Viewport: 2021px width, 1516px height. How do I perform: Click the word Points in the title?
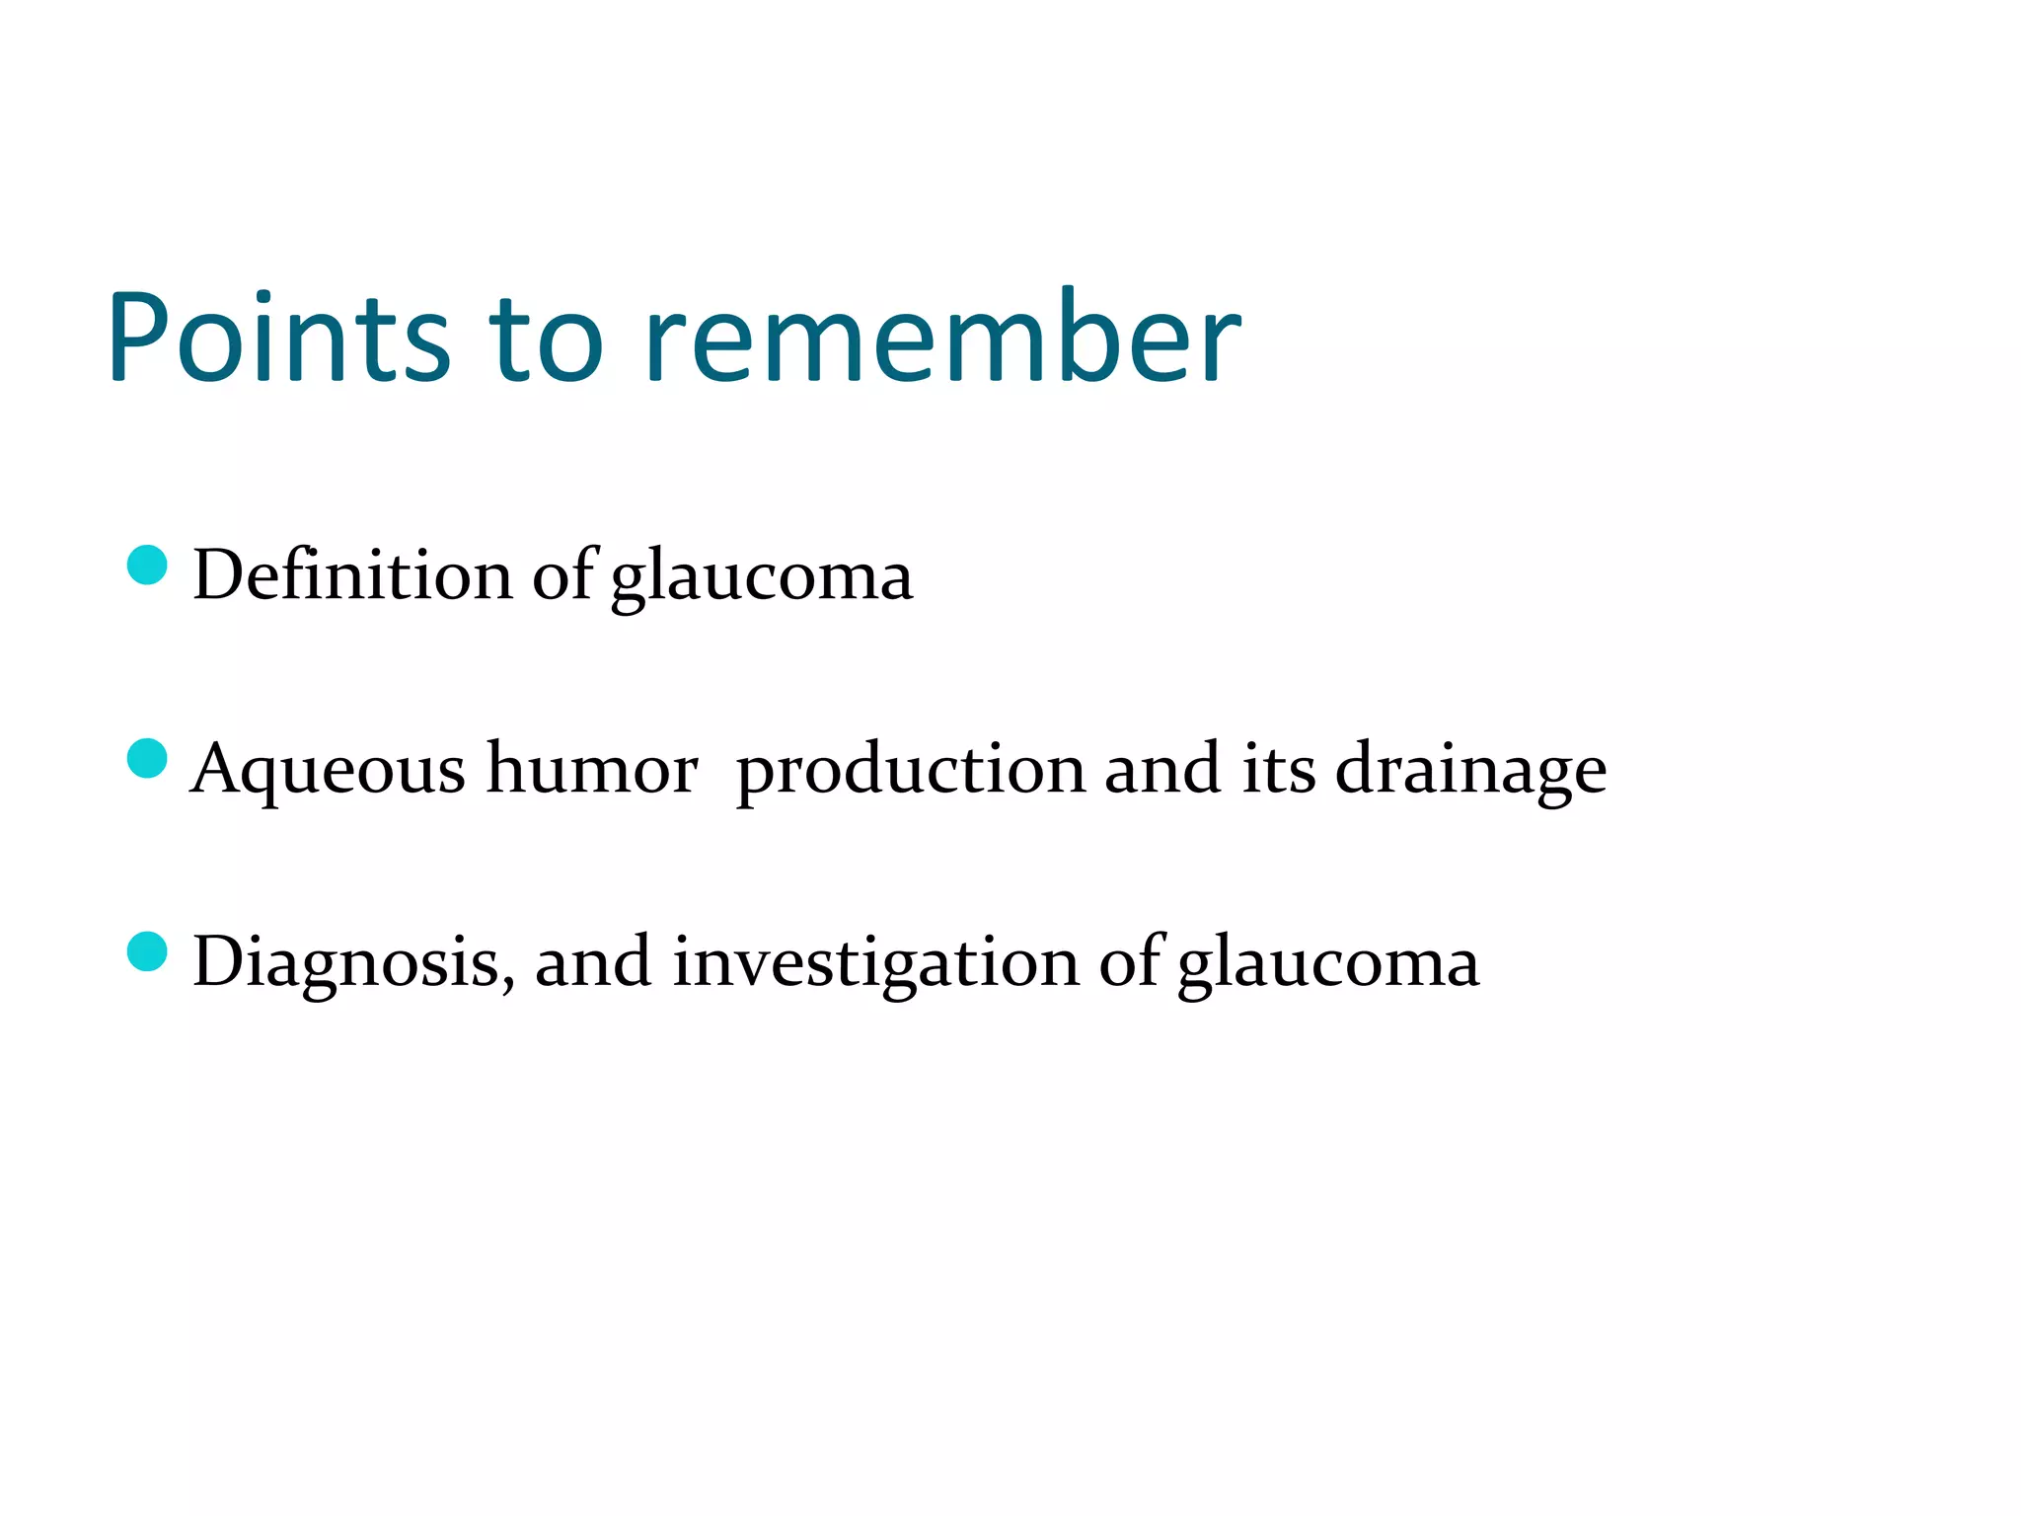coord(278,338)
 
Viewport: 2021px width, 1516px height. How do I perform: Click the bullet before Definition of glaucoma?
coord(148,566)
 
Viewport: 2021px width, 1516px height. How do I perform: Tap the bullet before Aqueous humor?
coord(148,759)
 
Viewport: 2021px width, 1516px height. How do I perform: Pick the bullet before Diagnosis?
coord(148,952)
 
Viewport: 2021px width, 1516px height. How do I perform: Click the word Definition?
coord(352,574)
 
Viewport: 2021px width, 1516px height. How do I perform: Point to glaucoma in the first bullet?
coord(762,578)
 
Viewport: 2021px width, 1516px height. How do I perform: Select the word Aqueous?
coord(328,770)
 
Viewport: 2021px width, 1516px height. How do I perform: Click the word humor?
coord(592,768)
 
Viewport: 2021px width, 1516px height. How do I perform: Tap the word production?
coord(911,770)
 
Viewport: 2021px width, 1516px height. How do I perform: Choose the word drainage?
coord(1470,770)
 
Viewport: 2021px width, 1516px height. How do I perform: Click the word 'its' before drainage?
coord(1279,768)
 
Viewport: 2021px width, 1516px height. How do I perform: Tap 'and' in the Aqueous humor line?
coord(1162,768)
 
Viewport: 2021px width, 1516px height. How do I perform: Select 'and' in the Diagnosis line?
coord(592,961)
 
